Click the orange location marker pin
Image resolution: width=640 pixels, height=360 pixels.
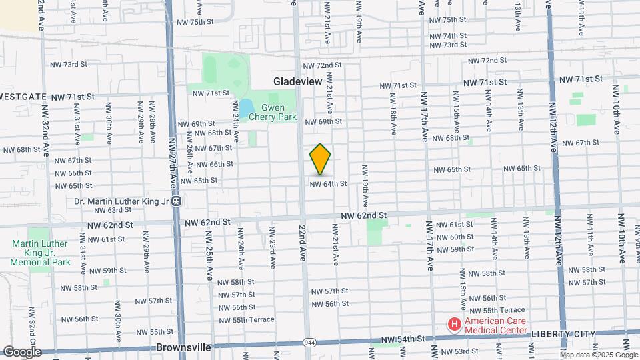(x=321, y=159)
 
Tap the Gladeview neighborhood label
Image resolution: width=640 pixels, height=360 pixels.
(x=297, y=81)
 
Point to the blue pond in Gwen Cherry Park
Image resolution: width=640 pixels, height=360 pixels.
(x=245, y=107)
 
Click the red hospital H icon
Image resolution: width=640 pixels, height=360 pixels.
(x=455, y=325)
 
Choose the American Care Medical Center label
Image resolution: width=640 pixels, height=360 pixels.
(x=495, y=325)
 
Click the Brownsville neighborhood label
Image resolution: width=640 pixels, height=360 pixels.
(x=183, y=347)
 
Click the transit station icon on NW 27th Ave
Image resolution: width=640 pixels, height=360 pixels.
(x=176, y=201)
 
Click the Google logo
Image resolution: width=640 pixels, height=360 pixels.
(x=21, y=351)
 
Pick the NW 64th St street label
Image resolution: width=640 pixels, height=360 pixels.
(x=327, y=183)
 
